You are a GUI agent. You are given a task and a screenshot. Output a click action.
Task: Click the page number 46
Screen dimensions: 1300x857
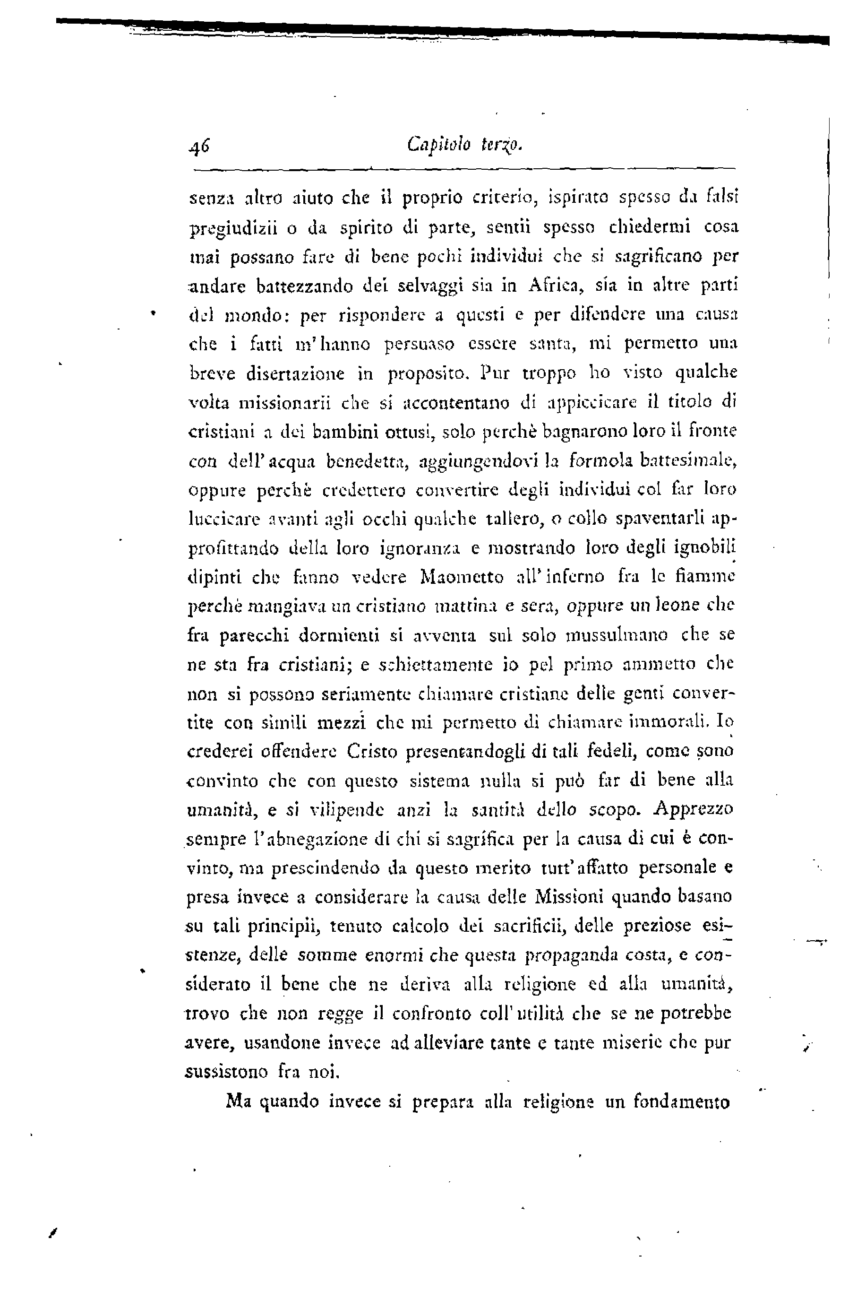(199, 146)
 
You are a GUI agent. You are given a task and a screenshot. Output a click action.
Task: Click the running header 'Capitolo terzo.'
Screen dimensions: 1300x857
(466, 146)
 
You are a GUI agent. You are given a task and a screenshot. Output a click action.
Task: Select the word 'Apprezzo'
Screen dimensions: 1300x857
(693, 809)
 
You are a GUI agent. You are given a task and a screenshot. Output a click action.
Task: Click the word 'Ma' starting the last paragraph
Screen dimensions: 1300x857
(238, 1101)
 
